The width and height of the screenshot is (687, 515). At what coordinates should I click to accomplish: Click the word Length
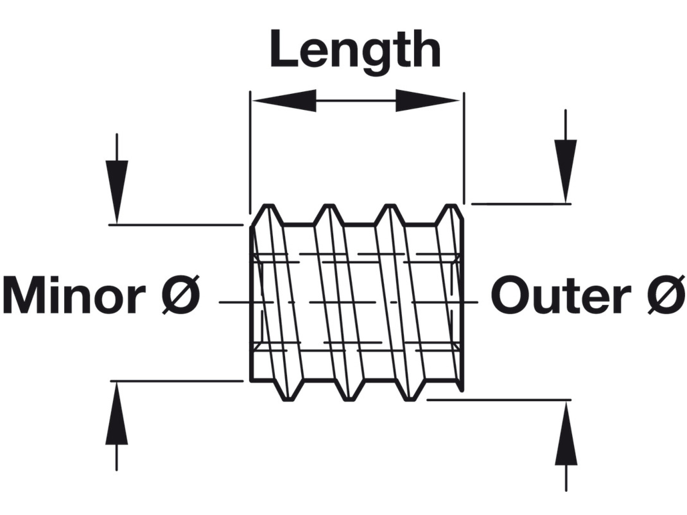point(355,50)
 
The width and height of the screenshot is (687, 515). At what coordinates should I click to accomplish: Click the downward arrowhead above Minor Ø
point(117,191)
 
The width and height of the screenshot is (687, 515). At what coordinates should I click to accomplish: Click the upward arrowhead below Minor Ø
point(116,414)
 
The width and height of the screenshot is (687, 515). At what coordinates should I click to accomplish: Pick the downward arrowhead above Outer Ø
point(566,170)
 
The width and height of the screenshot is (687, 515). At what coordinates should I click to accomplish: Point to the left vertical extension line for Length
point(250,153)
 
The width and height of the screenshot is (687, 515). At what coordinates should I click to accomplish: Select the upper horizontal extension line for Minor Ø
point(176,225)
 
